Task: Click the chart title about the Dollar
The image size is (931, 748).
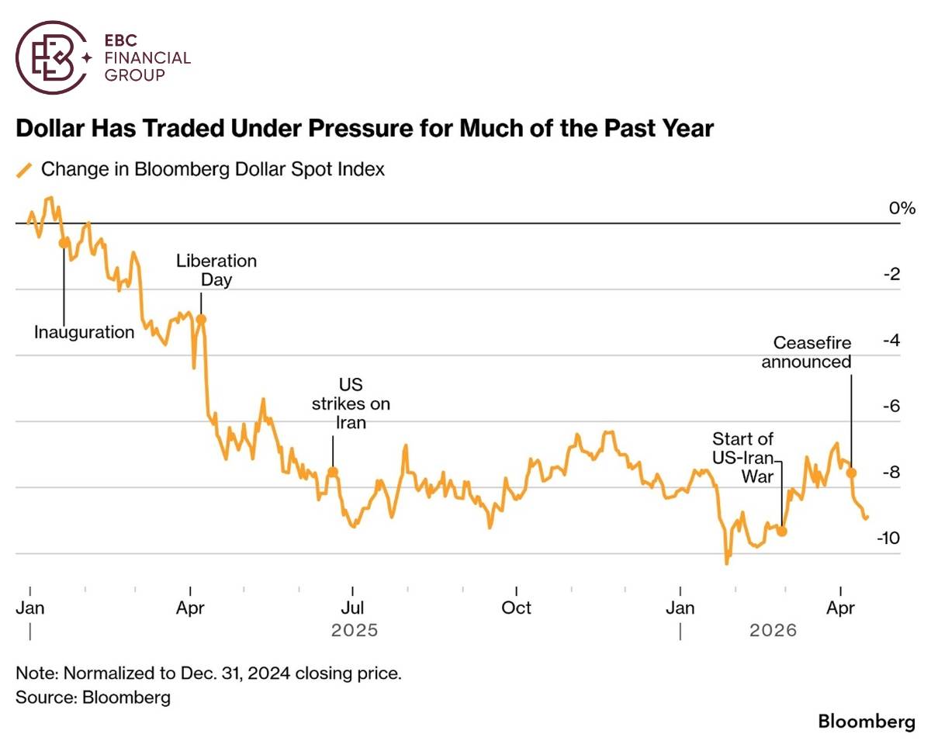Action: click(365, 128)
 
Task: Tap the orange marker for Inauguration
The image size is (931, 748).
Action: click(64, 243)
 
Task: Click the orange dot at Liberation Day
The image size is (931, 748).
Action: click(201, 318)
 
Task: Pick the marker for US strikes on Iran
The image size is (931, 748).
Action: click(333, 471)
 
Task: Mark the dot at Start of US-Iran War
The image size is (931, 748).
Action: click(782, 532)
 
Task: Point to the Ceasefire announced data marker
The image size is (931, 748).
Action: click(851, 473)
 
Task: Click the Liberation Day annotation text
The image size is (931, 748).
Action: click(216, 270)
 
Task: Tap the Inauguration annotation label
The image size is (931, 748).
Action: click(84, 332)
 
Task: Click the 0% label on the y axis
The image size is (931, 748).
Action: click(902, 208)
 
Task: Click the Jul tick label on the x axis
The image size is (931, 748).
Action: click(353, 608)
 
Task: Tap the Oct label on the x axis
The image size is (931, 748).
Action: click(516, 608)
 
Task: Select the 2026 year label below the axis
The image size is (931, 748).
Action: click(773, 630)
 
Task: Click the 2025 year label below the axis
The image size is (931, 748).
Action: click(355, 630)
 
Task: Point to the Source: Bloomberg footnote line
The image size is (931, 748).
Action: click(93, 697)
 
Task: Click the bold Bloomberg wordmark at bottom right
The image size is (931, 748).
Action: click(867, 722)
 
